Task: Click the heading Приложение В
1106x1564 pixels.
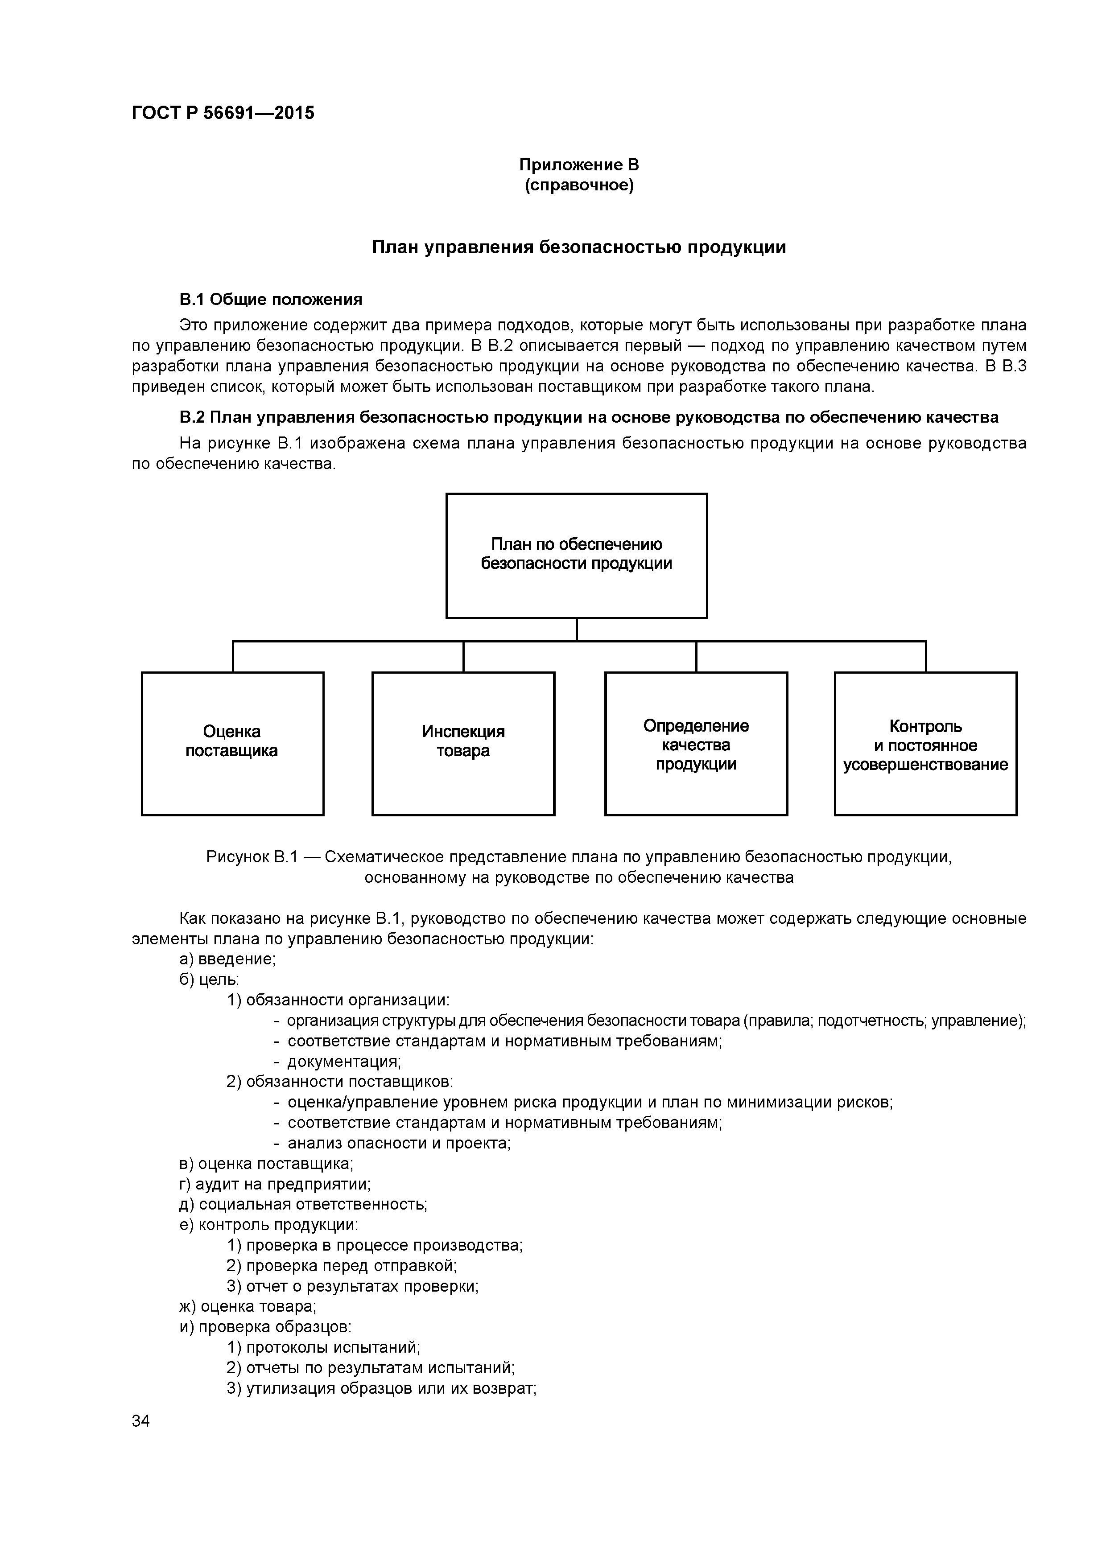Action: coord(578,165)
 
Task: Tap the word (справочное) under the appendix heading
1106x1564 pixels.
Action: coord(578,185)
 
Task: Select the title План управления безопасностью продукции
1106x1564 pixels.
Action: coord(578,247)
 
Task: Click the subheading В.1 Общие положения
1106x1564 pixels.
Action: coord(271,300)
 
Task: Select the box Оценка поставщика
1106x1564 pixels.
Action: coord(232,743)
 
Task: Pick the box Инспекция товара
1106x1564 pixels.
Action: coord(463,743)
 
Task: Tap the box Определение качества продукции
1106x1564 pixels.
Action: coord(696,743)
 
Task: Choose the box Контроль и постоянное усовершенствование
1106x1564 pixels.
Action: coord(925,743)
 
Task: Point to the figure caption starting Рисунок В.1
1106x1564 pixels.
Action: coord(578,866)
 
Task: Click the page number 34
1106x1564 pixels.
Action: coord(141,1421)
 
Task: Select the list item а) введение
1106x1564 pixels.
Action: coord(227,959)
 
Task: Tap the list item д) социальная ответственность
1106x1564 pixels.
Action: coord(303,1204)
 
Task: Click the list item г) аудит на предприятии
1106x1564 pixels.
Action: coord(275,1184)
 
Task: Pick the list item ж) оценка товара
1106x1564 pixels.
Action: coord(248,1306)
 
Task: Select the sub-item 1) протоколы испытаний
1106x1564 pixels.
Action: coord(323,1347)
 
